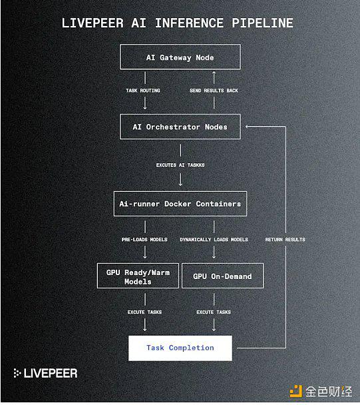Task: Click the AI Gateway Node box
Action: (x=180, y=57)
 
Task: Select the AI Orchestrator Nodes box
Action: (x=180, y=127)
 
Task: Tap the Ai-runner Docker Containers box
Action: (x=180, y=204)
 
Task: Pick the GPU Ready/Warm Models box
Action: (x=138, y=276)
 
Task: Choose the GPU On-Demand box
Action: (x=222, y=276)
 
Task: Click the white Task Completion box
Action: (x=180, y=348)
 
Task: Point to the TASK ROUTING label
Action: (x=143, y=91)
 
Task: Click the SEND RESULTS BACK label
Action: (x=214, y=91)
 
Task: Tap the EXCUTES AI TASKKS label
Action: (x=180, y=165)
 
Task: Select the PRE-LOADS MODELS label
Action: (x=144, y=240)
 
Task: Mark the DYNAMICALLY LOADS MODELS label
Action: (x=214, y=240)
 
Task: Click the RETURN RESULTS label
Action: (x=285, y=240)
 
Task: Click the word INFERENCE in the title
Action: (x=190, y=23)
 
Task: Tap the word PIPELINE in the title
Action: (x=262, y=23)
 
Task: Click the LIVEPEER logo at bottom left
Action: (x=45, y=373)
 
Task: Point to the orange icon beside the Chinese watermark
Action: (x=295, y=391)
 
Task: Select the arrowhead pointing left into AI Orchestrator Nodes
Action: (x=248, y=127)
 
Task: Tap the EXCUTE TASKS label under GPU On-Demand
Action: (x=214, y=312)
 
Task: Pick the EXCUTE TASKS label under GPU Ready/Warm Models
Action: (x=144, y=312)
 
